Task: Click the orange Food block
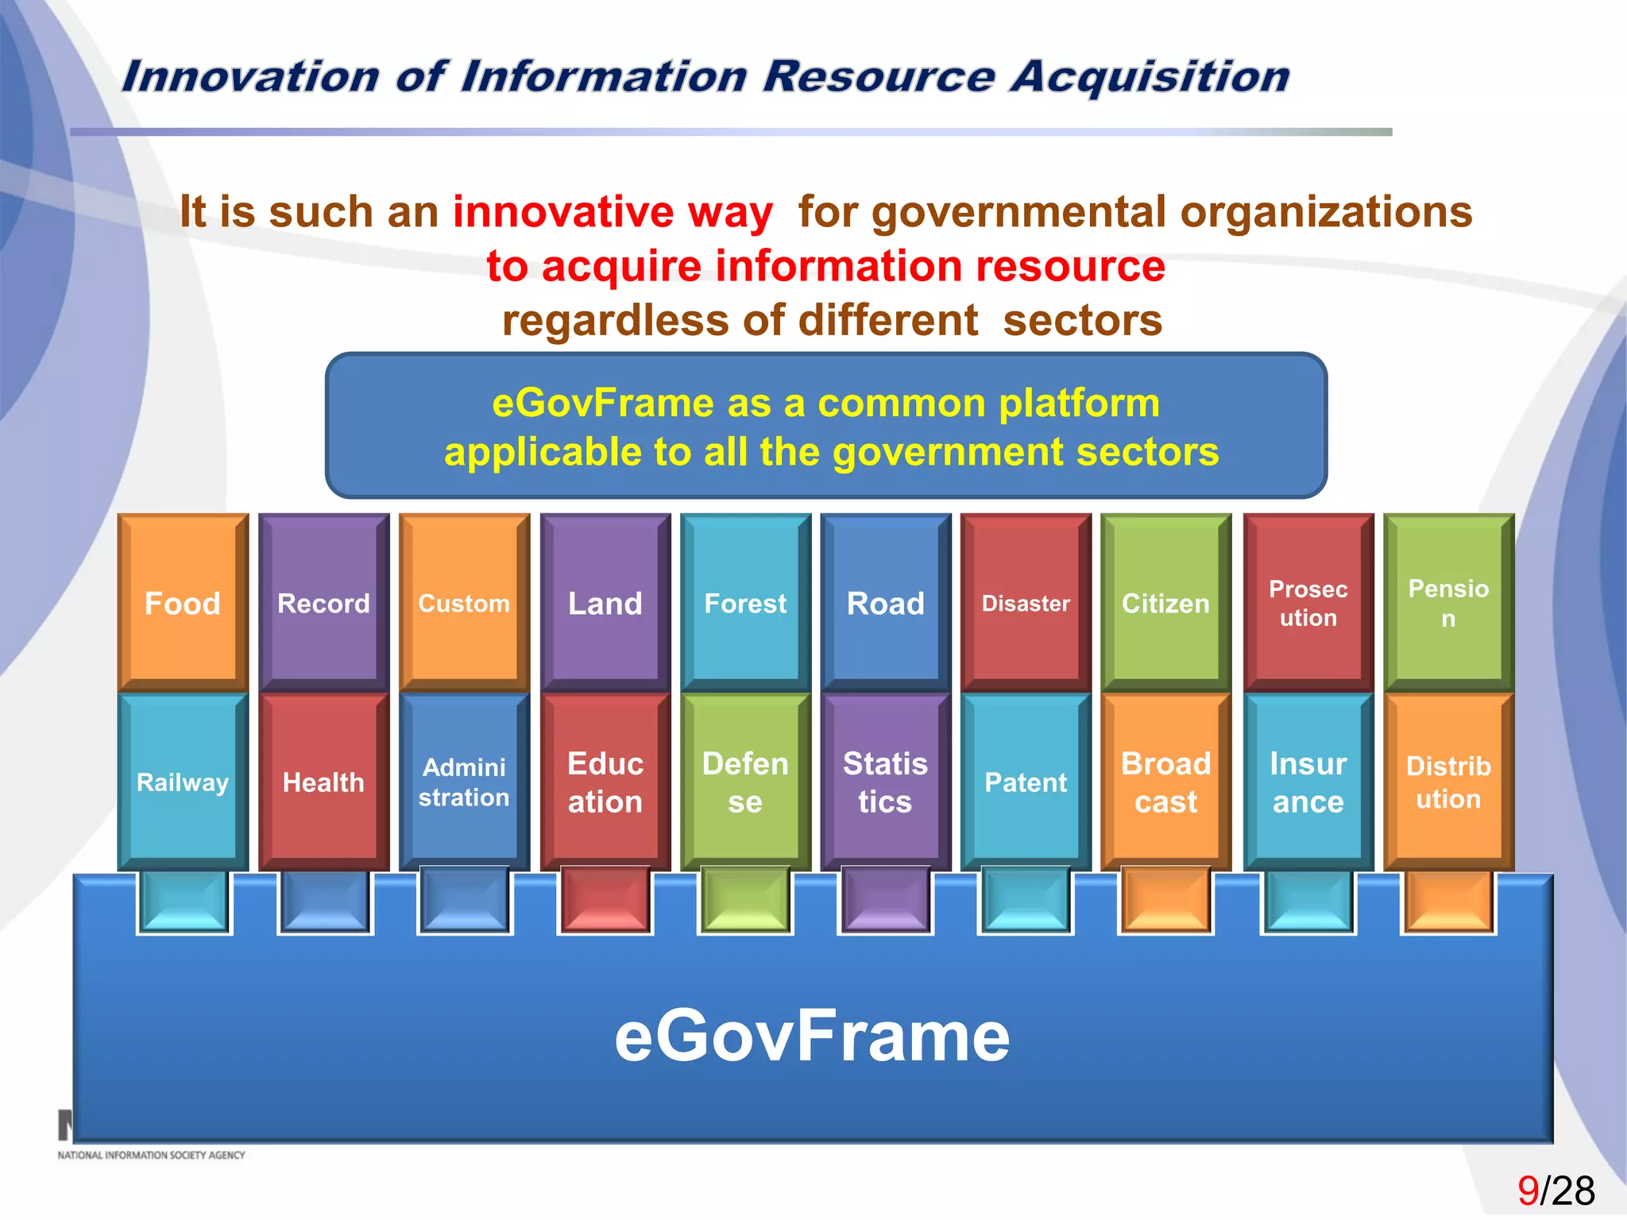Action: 183,602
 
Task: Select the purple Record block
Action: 323,602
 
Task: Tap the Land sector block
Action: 605,602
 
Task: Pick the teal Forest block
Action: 745,602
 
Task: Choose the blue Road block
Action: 885,602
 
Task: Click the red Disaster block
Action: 1026,602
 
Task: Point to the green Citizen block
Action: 1165,602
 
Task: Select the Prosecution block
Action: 1308,602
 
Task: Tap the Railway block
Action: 183,782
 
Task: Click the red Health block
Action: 323,782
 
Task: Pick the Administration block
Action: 464,782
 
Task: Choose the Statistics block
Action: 885,782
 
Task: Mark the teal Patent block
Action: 1026,782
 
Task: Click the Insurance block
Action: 1308,782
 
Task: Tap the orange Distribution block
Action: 1448,782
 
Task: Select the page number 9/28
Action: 1556,1191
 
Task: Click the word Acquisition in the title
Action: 1150,77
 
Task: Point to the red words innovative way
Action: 613,212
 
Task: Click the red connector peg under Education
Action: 605,899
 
